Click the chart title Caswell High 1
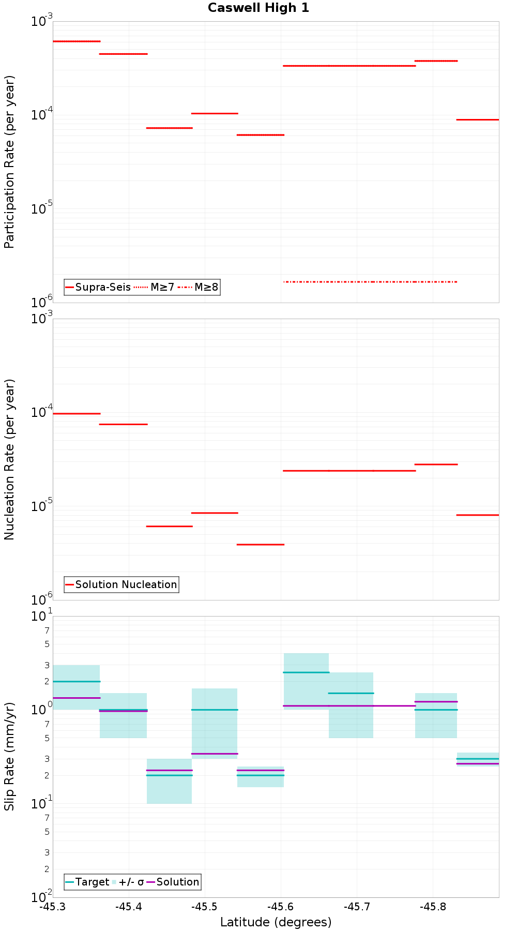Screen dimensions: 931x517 click(x=258, y=8)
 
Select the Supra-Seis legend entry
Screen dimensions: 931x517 click(x=98, y=287)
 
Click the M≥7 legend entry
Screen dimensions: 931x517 click(x=155, y=287)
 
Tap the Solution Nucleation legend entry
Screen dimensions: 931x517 click(x=121, y=584)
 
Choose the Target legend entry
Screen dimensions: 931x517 click(x=87, y=882)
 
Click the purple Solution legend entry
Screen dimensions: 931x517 click(x=173, y=882)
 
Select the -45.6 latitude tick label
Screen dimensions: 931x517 click(x=281, y=907)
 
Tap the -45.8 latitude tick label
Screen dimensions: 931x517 click(x=433, y=907)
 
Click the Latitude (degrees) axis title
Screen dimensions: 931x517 click(x=276, y=922)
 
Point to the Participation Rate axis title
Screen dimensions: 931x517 click(x=9, y=162)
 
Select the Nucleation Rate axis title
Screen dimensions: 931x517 click(x=9, y=459)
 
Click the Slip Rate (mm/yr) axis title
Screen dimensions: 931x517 click(x=9, y=756)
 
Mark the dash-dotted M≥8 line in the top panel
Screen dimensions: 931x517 click(x=370, y=282)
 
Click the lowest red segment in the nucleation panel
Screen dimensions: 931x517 click(x=260, y=545)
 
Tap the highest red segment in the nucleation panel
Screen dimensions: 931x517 click(x=76, y=414)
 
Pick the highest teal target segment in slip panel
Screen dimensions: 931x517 click(x=306, y=672)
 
